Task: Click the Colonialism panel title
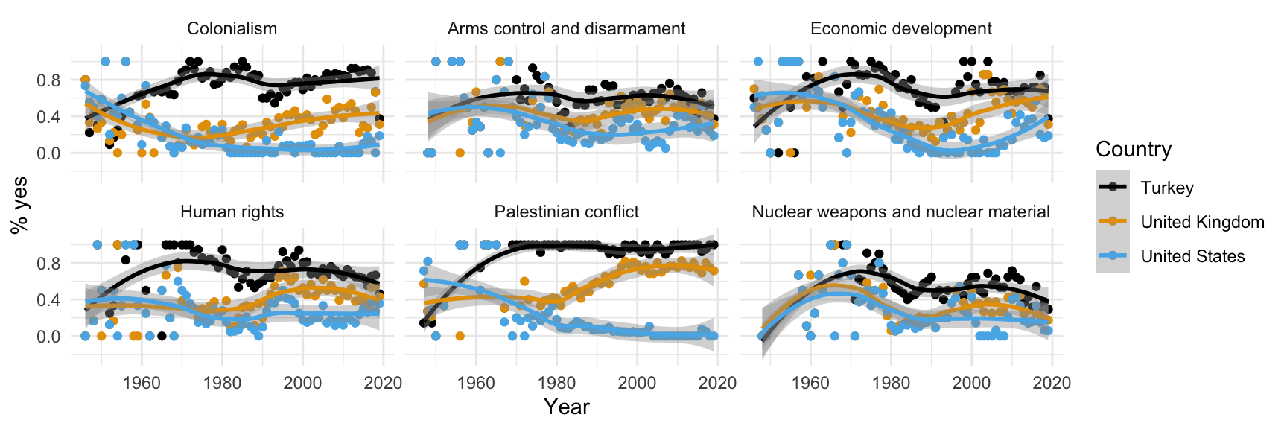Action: (x=232, y=29)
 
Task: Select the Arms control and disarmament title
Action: (x=566, y=29)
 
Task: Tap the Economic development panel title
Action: (x=900, y=29)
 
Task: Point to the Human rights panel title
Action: (x=232, y=212)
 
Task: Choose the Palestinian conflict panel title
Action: (x=566, y=212)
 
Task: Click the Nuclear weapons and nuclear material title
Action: (x=900, y=212)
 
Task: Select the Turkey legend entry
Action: (x=1166, y=188)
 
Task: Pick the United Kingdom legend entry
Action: (x=1202, y=222)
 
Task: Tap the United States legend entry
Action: (x=1192, y=256)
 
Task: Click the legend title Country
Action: (x=1134, y=150)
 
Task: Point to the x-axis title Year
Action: (x=566, y=407)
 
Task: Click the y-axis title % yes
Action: (x=20, y=205)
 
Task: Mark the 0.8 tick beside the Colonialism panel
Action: (x=49, y=80)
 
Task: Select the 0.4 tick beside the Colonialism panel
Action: (x=49, y=117)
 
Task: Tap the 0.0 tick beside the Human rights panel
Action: (x=49, y=337)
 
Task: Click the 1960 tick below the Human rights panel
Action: (x=142, y=383)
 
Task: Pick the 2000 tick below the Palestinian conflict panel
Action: (x=637, y=383)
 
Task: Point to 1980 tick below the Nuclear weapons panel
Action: (x=891, y=383)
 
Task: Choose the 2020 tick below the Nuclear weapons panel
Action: (x=1052, y=383)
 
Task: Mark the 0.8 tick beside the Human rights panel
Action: (x=49, y=264)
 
